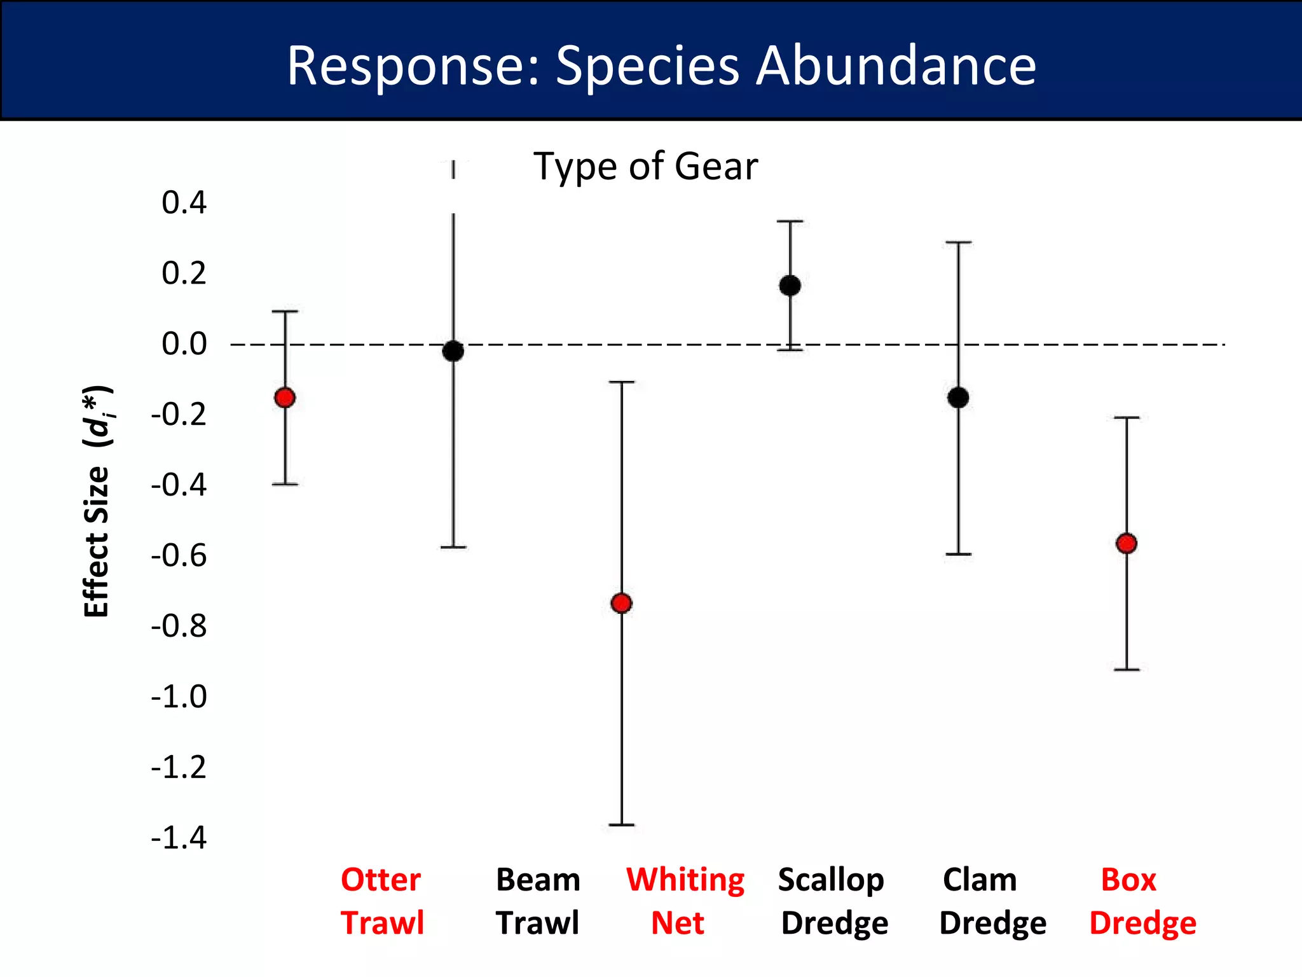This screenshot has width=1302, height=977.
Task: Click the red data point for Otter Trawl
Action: (285, 398)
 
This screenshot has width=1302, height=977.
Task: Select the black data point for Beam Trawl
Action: (453, 350)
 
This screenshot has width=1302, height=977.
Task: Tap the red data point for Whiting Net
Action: (621, 603)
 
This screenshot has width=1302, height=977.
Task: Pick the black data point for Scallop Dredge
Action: (790, 286)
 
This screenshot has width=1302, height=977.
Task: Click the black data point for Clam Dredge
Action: (958, 398)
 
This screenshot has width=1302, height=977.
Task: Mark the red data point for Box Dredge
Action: (1127, 543)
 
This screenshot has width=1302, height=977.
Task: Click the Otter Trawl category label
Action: (381, 901)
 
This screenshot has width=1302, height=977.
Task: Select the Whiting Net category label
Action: (684, 901)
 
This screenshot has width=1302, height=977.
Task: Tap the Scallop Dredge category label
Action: (833, 901)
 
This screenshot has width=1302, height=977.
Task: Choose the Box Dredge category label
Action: (1142, 901)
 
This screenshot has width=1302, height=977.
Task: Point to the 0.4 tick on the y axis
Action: (184, 202)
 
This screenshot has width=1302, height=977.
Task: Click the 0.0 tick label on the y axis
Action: (184, 344)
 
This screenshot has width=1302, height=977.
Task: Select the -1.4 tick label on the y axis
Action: (179, 838)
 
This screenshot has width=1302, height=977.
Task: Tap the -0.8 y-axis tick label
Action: (179, 626)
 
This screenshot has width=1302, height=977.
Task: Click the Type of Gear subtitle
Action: (645, 167)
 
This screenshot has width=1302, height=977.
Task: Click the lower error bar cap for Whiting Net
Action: (621, 824)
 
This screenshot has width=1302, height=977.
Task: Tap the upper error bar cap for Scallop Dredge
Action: (790, 221)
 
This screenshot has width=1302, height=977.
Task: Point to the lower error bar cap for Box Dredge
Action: (1127, 669)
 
